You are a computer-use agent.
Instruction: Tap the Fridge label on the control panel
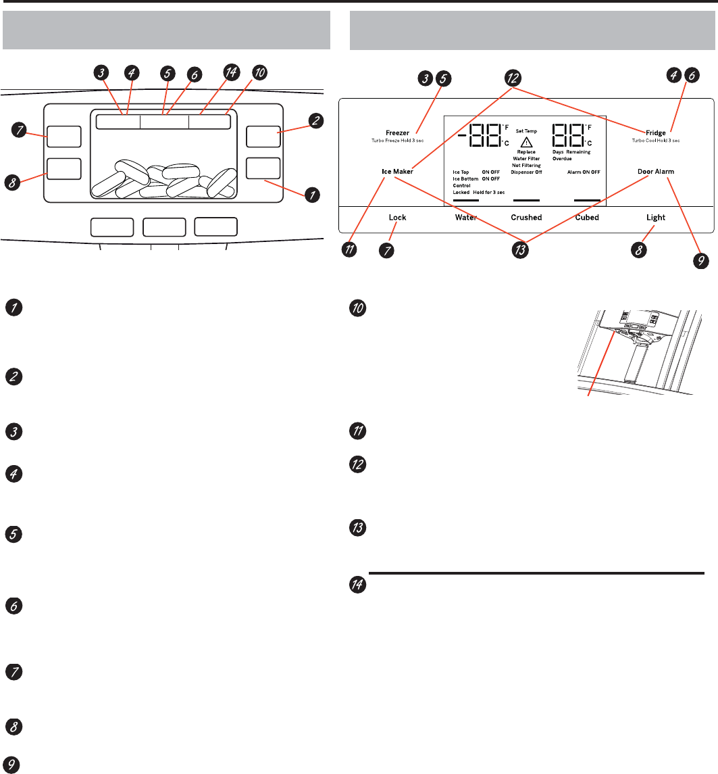[656, 133]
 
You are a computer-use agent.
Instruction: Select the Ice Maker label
[396, 172]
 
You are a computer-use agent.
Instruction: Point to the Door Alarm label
[656, 172]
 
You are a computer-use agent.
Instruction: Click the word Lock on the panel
[397, 218]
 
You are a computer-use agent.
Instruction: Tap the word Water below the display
[466, 218]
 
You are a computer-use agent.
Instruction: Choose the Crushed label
[526, 218]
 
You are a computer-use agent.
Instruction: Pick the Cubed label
[586, 218]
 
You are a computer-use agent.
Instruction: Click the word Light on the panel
[655, 218]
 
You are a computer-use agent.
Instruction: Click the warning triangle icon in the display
[525, 142]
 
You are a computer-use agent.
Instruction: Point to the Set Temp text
[526, 130]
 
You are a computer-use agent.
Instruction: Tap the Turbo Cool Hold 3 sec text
[656, 141]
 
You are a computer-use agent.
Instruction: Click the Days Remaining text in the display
[571, 152]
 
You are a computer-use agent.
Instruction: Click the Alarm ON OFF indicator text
[584, 172]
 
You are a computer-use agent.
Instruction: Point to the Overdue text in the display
[562, 159]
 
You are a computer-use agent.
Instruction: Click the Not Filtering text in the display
[526, 166]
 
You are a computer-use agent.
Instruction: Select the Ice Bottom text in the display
[465, 179]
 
